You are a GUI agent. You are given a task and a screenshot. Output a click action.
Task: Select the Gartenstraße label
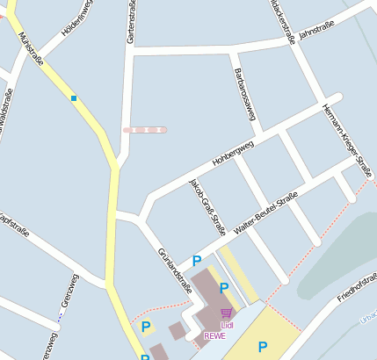pyautogui.click(x=131, y=23)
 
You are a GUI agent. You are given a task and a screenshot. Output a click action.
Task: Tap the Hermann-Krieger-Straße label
pyautogui.click(x=346, y=131)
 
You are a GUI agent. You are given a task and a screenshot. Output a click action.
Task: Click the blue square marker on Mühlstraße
pyautogui.click(x=75, y=97)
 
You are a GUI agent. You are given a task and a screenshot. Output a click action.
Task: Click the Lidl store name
pyautogui.click(x=227, y=326)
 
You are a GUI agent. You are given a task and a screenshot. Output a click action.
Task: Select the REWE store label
pyautogui.click(x=214, y=335)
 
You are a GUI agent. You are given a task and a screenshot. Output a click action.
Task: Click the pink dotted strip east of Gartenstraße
pyautogui.click(x=145, y=129)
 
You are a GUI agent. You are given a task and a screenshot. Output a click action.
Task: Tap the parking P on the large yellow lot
pyautogui.click(x=262, y=347)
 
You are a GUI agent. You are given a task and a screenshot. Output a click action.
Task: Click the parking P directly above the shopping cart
pyautogui.click(x=224, y=288)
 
